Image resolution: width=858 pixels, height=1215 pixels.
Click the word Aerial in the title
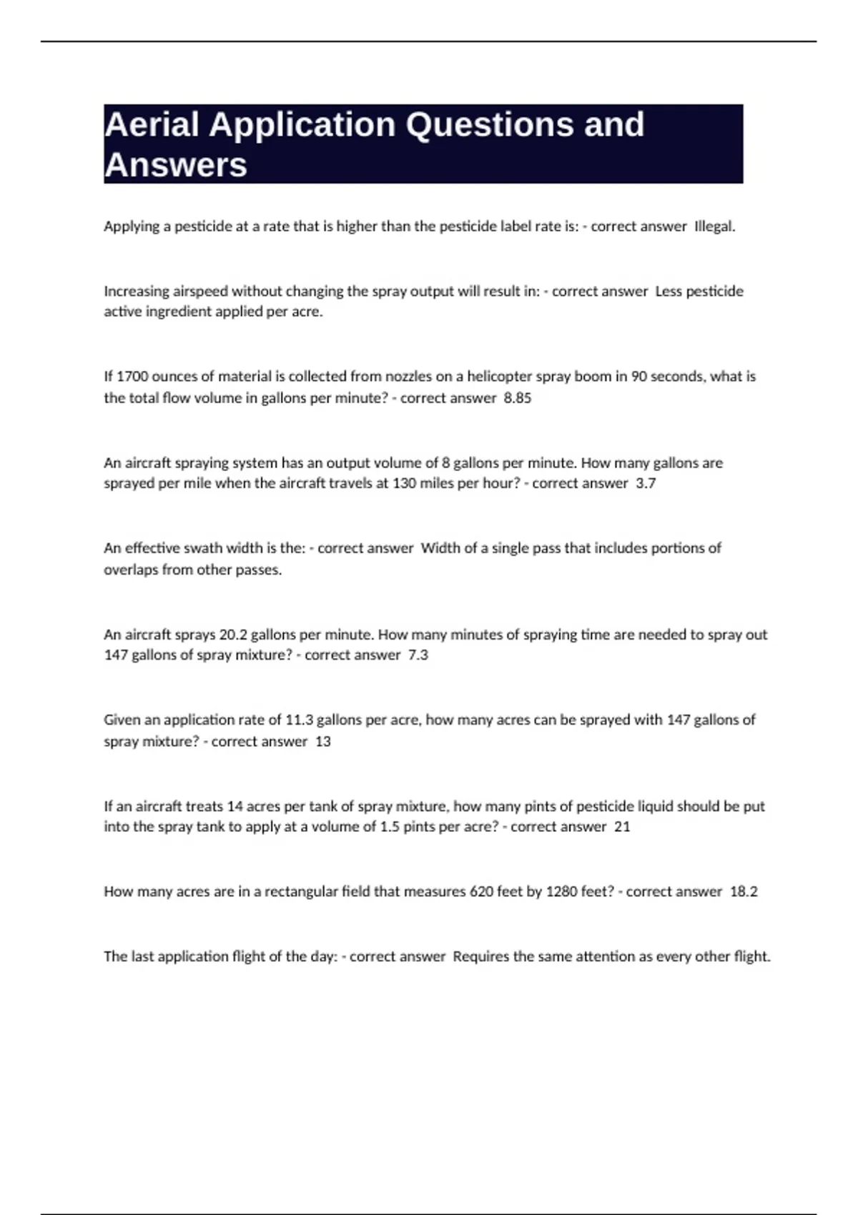[x=152, y=125]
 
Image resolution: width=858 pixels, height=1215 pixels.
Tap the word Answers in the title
[x=176, y=165]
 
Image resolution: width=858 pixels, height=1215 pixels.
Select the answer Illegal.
[x=714, y=227]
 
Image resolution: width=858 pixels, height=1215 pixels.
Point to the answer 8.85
[x=517, y=398]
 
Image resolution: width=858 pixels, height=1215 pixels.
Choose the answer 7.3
[x=418, y=655]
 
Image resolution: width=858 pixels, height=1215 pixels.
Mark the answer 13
[x=322, y=741]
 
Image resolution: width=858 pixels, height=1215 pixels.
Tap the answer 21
[x=622, y=827]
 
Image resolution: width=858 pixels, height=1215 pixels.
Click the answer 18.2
[x=743, y=892]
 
